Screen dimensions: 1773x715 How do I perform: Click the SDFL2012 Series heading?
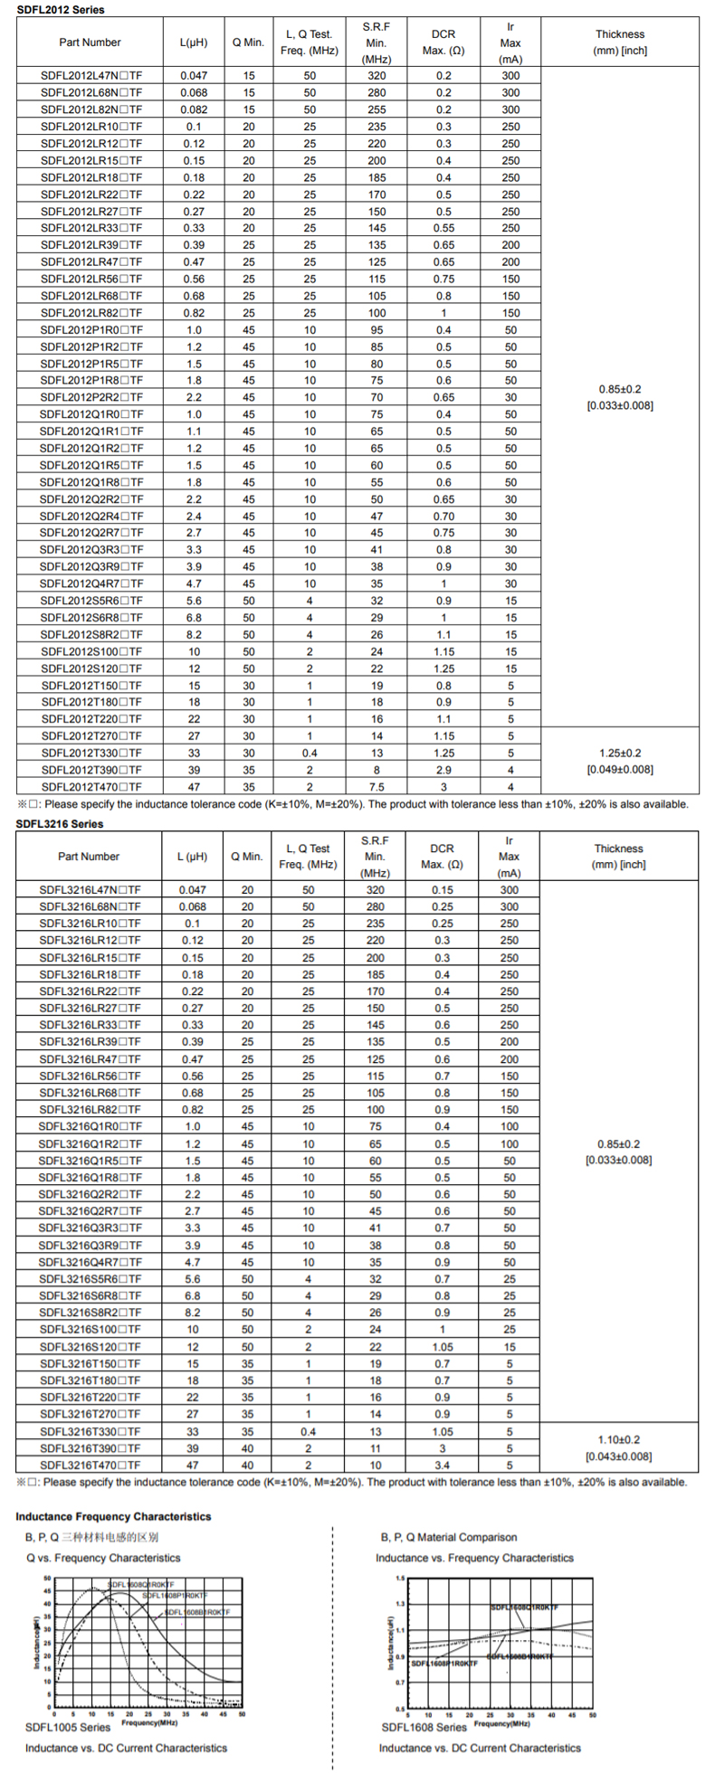point(61,10)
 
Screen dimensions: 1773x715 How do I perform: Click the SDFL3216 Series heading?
point(60,824)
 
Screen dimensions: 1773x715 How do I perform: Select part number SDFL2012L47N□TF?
point(91,76)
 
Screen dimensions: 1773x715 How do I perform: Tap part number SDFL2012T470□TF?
point(91,787)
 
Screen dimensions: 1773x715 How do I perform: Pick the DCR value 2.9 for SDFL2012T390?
point(443,770)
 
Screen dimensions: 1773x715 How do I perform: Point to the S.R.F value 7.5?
point(377,787)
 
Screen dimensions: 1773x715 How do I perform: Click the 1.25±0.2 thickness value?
point(620,753)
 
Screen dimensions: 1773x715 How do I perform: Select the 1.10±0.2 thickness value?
point(619,1439)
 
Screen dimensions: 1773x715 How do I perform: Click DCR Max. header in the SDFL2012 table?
point(443,42)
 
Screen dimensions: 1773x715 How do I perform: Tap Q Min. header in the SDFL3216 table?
point(247,856)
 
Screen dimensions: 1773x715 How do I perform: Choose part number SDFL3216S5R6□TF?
point(90,1279)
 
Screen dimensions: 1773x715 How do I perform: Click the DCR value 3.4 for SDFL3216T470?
point(442,1465)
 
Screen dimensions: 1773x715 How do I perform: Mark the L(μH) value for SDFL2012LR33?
point(194,228)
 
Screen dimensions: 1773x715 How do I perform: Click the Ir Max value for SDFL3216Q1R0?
point(510,1126)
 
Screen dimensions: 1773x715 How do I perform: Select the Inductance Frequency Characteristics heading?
point(113,1517)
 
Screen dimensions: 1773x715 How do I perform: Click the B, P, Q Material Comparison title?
point(449,1537)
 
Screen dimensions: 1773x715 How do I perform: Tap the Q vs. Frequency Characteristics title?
point(103,1558)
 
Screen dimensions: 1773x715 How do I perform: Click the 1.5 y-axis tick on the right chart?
point(400,1579)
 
